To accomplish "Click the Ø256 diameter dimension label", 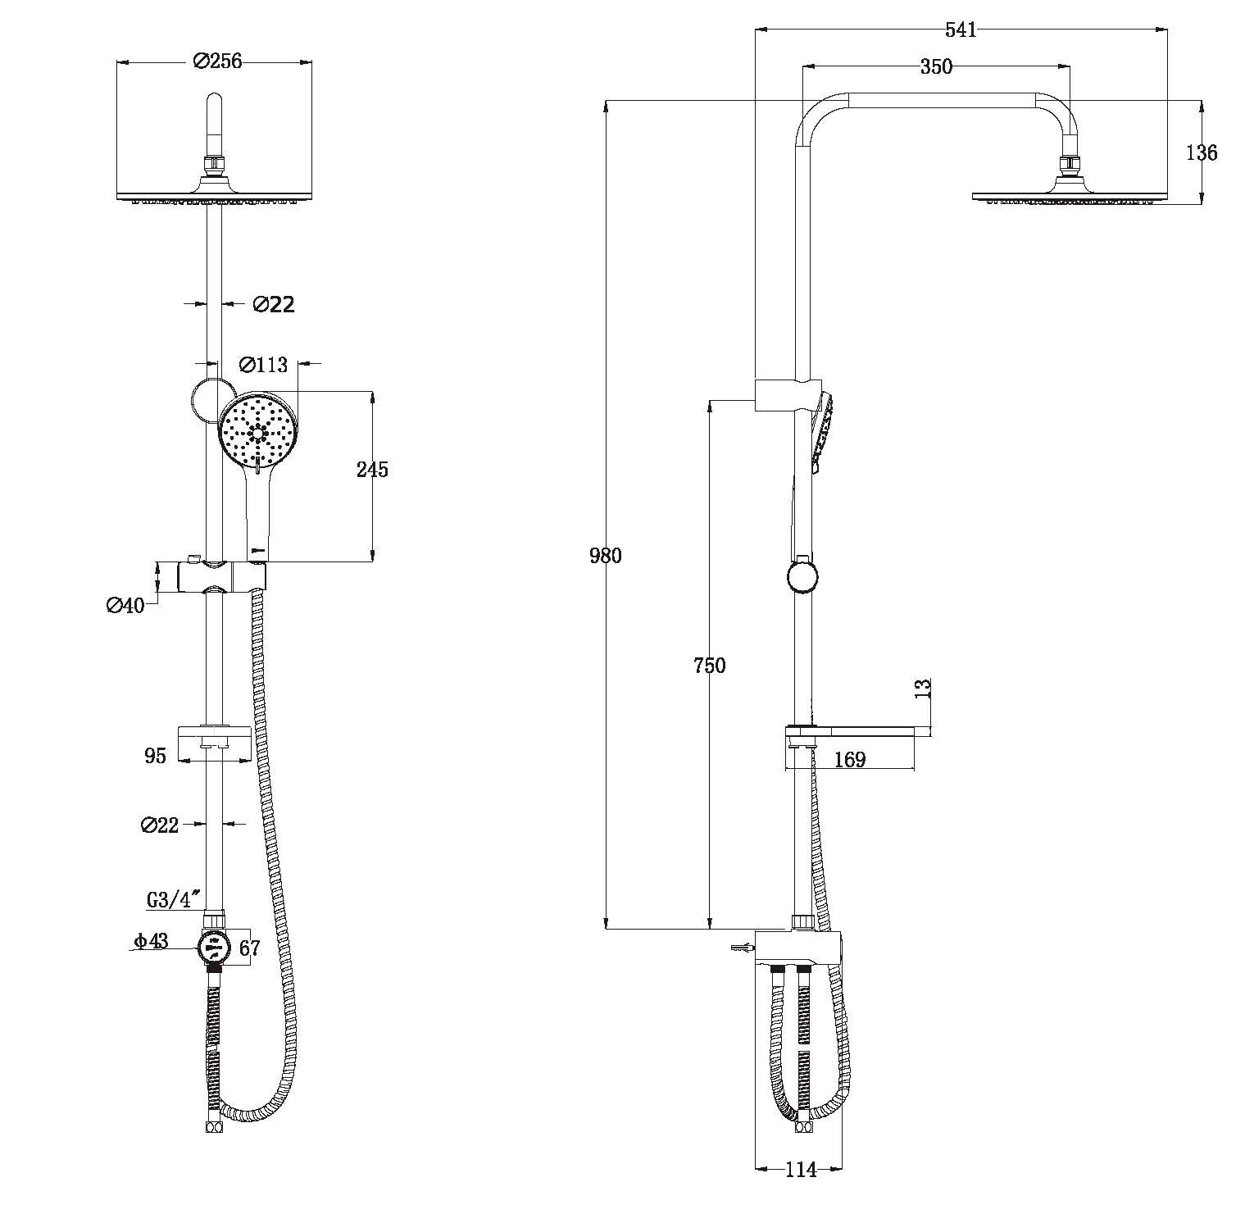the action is [x=217, y=61].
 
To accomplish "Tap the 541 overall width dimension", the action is [x=961, y=30].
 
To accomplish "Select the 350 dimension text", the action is [x=936, y=66].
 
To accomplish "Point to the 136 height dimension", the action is [x=1202, y=152].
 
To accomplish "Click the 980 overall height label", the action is [x=606, y=556].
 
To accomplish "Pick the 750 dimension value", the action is [x=710, y=666].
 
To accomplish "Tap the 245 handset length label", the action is [x=372, y=470].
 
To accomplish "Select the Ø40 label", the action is [x=125, y=606].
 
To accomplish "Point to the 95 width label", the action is [x=156, y=755].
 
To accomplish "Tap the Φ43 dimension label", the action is [x=152, y=941].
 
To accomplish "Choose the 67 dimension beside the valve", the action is [x=249, y=948].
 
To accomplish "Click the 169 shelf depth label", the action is [x=850, y=760].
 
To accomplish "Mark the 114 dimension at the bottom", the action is [x=801, y=1170].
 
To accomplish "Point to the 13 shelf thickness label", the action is [x=923, y=688].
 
